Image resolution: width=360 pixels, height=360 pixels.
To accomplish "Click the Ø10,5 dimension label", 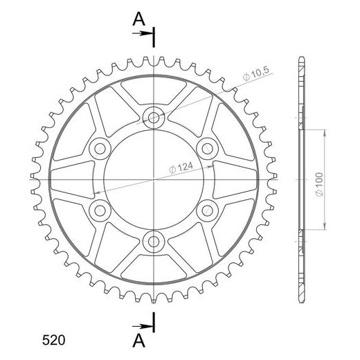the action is pos(255,73).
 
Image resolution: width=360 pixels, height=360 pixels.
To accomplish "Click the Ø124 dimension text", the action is pos(181,168).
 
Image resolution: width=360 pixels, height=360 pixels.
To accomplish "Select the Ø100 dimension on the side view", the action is pos(320,184).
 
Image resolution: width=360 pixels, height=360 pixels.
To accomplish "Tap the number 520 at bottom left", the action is pos(53,340).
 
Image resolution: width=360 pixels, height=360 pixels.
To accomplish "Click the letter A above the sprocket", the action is pos(138,19).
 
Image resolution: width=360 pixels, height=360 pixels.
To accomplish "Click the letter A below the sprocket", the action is pos(138,341).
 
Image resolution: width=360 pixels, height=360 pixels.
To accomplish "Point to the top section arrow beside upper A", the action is pos(141,33).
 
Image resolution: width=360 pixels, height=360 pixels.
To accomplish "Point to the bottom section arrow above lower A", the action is pos(141,326).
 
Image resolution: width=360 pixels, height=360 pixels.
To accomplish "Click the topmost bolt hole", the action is pos(154,118).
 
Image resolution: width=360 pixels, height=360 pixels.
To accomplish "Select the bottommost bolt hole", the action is pos(154,242).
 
